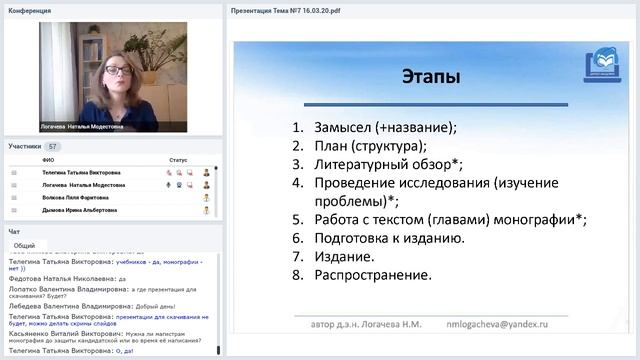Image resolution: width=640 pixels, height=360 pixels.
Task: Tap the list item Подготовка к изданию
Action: [389, 238]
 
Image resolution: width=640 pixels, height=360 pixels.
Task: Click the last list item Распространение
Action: [373, 274]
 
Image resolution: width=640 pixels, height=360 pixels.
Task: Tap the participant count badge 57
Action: [53, 146]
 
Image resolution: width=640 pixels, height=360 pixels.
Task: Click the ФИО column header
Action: [48, 159]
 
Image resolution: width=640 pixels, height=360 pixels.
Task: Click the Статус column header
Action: [178, 159]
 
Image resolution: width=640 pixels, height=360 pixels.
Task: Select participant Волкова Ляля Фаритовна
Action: [80, 198]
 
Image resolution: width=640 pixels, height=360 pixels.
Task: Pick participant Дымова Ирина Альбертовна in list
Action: [83, 211]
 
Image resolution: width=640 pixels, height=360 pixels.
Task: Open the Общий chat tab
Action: [25, 245]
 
